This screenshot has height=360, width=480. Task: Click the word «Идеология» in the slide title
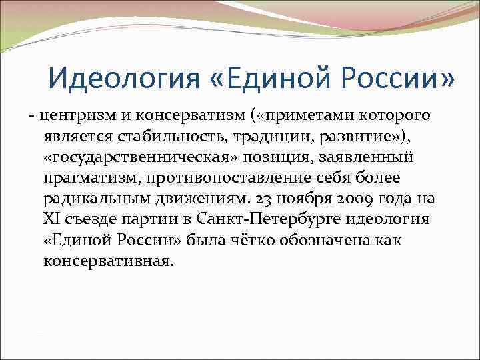coord(121,79)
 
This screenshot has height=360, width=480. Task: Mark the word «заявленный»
coord(370,157)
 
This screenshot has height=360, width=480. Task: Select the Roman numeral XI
coord(52,219)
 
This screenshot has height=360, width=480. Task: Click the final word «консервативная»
coord(106,261)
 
